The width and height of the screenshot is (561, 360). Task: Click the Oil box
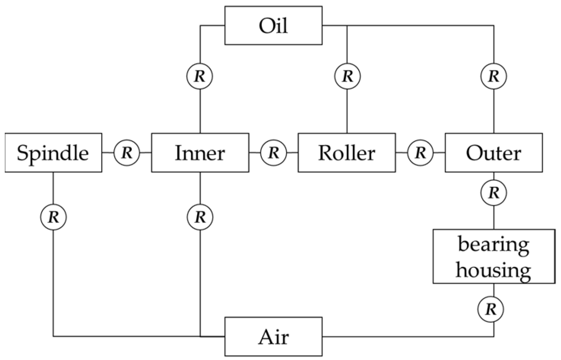(273, 25)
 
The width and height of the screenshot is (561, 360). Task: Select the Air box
(273, 337)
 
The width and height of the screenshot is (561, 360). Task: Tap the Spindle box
(53, 153)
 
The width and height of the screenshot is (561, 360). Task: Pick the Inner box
(200, 153)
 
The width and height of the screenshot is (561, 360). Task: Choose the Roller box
(347, 153)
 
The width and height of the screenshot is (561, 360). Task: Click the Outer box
(493, 153)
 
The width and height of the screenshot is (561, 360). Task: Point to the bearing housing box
(493, 256)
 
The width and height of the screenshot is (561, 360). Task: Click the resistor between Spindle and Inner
(127, 152)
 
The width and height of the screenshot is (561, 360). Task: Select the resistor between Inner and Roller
(273, 152)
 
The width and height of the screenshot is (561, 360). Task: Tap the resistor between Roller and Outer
(420, 152)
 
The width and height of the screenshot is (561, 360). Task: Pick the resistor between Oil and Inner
(200, 76)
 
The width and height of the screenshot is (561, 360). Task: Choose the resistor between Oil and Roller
(347, 76)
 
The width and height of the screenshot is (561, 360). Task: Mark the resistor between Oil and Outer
(494, 76)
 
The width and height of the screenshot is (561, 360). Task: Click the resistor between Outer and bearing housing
(494, 193)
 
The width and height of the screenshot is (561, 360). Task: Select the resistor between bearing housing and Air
(491, 309)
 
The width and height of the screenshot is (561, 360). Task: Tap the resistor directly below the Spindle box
(53, 217)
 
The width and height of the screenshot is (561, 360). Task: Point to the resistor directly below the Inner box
(200, 217)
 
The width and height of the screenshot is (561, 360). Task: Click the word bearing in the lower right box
(493, 244)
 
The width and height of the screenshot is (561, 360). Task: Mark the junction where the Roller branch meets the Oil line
(347, 25)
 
